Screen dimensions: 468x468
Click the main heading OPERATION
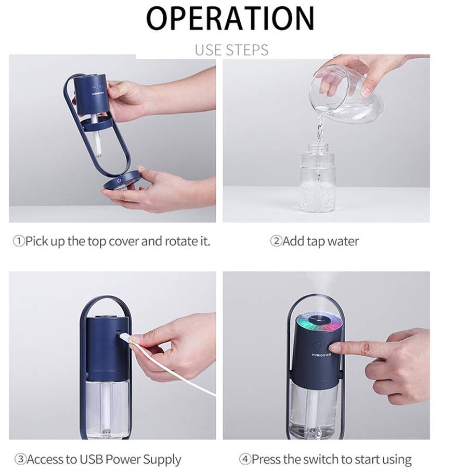(x=230, y=18)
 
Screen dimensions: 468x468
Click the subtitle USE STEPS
(x=231, y=50)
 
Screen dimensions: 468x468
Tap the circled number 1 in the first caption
(x=19, y=241)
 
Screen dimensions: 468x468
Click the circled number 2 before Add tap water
(x=276, y=241)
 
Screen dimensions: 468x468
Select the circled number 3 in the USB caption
(x=20, y=459)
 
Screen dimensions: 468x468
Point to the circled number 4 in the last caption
(x=245, y=459)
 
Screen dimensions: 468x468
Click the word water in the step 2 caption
(x=343, y=241)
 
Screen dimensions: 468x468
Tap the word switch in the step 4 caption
(x=318, y=459)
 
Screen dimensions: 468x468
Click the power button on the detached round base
(x=119, y=180)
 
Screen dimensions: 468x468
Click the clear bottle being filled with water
(x=317, y=178)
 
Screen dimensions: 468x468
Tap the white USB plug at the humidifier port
(x=125, y=337)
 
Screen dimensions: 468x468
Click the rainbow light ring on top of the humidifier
(x=319, y=321)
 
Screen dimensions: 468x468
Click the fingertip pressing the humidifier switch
(x=333, y=347)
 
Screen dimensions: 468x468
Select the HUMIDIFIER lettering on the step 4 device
(x=321, y=355)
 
